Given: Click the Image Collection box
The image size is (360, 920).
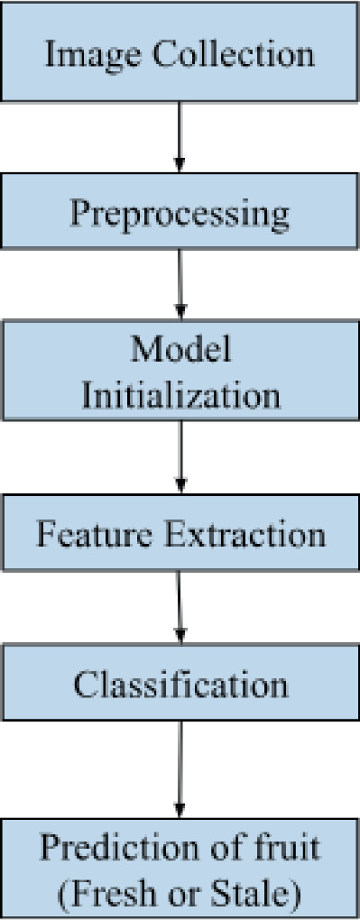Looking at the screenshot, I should click(180, 51).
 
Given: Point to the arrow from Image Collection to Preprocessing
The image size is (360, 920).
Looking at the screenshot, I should click(180, 135).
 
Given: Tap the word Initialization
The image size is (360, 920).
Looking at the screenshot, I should click(180, 396).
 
